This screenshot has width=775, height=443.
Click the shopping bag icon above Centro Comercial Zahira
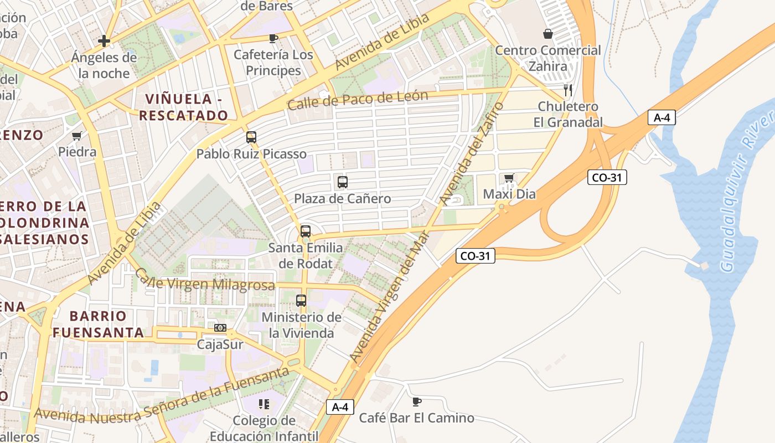(x=547, y=34)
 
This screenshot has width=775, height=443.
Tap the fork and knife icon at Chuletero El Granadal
(x=567, y=90)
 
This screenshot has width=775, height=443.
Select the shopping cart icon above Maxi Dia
(x=509, y=178)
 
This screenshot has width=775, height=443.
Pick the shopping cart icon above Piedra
(x=77, y=136)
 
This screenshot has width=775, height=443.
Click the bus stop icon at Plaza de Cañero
(x=342, y=182)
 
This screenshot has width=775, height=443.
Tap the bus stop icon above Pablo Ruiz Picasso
(x=251, y=137)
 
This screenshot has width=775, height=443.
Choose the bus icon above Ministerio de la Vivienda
(x=301, y=301)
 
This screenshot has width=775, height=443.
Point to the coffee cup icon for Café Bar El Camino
(x=417, y=401)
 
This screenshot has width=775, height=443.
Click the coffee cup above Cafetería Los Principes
(x=273, y=38)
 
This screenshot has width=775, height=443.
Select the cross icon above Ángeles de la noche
(x=104, y=41)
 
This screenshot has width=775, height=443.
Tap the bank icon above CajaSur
(x=220, y=328)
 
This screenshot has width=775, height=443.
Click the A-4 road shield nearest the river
(x=662, y=117)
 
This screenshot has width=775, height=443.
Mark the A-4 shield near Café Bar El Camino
(x=340, y=407)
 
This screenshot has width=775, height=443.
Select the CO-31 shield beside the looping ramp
(x=607, y=177)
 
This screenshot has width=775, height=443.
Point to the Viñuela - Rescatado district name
(x=183, y=107)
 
